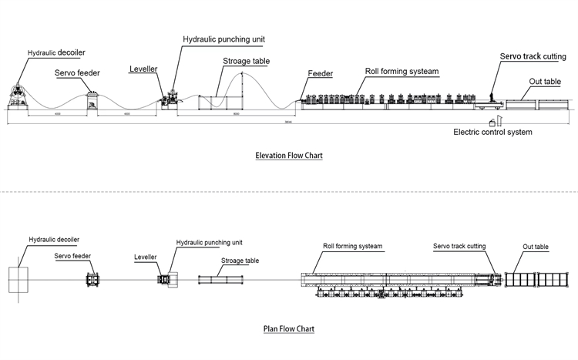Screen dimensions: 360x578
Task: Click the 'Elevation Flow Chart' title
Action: (288, 156)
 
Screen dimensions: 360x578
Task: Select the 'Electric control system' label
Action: (492, 132)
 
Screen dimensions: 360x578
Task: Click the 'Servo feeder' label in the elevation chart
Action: (76, 74)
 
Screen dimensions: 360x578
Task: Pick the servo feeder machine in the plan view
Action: (92, 278)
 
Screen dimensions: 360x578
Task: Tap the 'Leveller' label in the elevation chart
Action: (143, 69)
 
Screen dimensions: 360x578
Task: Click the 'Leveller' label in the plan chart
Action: (146, 257)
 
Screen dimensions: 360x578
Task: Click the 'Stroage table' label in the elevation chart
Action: (240, 61)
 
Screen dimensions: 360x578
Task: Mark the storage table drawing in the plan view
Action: (223, 279)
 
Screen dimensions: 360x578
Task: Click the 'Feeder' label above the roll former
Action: (320, 74)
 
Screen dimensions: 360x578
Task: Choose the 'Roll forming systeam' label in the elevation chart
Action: (402, 71)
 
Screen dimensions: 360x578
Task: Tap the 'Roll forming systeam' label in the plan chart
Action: (353, 247)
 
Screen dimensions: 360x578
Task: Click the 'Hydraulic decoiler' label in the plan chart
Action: (55, 240)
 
